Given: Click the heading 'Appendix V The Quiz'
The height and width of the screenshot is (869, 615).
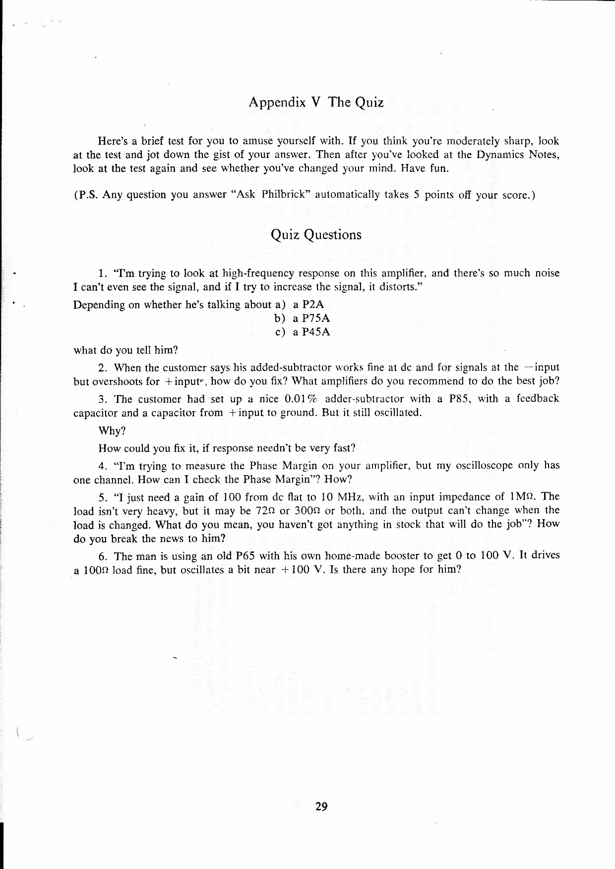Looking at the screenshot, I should click(316, 103).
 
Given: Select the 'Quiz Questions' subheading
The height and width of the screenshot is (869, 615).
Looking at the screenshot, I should click(316, 235).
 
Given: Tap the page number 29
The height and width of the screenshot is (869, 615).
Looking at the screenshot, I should click(321, 807).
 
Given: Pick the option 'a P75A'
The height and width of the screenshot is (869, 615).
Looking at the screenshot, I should click(311, 319).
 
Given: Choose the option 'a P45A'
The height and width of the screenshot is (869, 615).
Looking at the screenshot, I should click(311, 332).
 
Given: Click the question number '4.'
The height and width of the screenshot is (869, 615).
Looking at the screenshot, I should click(103, 466).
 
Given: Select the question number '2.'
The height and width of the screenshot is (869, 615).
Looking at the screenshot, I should click(103, 368).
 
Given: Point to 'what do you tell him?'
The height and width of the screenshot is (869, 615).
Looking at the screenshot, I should click(125, 350).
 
